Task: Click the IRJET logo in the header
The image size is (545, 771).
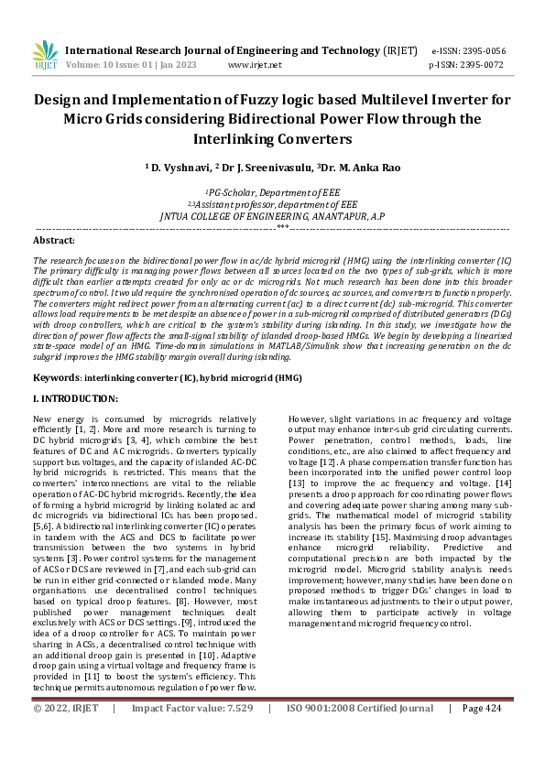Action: [45, 56]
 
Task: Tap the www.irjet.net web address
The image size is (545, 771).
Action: [255, 65]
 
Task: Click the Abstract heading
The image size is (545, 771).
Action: [53, 240]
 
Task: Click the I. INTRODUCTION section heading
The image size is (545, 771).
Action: [75, 398]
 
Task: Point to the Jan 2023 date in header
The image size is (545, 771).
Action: [183, 65]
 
